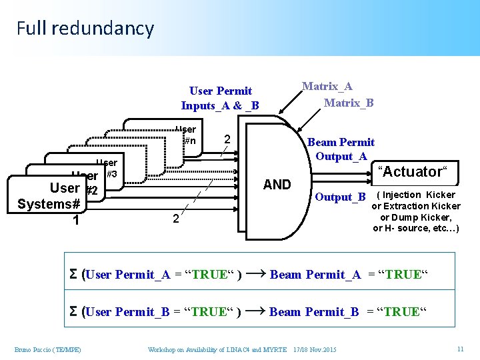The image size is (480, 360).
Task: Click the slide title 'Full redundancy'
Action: (85, 29)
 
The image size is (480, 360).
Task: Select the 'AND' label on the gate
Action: (277, 185)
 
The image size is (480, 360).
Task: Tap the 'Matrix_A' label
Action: (327, 86)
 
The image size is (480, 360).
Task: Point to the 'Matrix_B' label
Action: (348, 102)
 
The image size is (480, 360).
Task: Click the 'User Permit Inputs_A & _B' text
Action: (220, 98)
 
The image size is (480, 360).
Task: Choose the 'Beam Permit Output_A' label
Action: (340, 149)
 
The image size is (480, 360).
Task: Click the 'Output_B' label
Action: (340, 197)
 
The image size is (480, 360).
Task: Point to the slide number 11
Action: (460, 349)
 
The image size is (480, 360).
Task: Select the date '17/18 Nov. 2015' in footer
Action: (315, 350)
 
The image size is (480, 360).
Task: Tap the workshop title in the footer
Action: (217, 350)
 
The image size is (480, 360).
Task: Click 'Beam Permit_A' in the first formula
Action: (315, 274)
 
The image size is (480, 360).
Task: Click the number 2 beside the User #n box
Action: (227, 140)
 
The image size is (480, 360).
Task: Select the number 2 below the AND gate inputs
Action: (175, 219)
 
